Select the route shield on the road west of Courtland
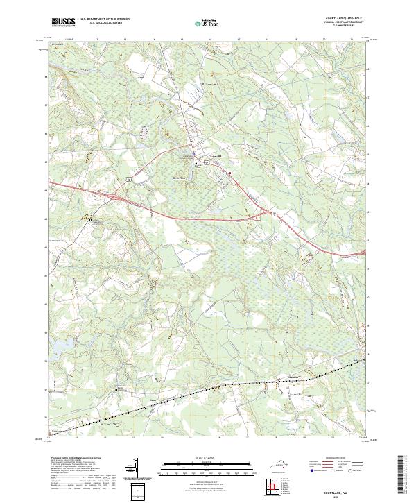(129, 178)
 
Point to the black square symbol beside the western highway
(89, 220)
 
